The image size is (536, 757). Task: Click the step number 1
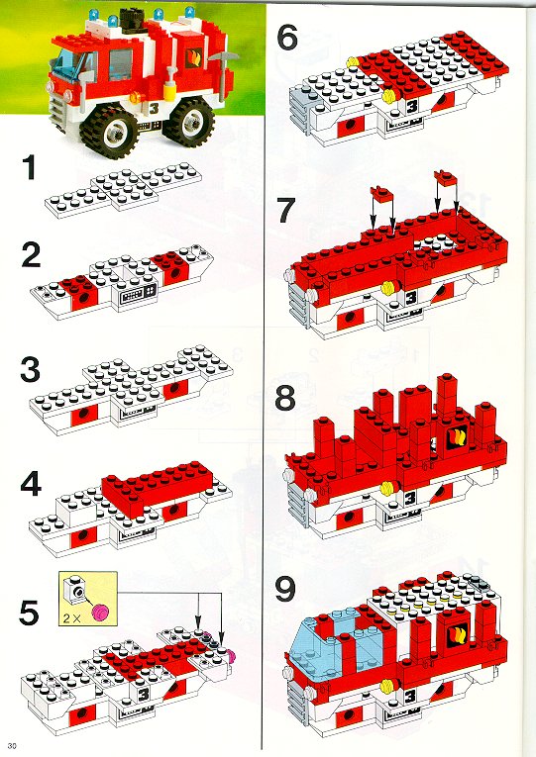click(x=30, y=167)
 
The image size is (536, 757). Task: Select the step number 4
click(x=31, y=484)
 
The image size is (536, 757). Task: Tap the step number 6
click(x=287, y=38)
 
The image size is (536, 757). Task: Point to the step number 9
click(x=285, y=590)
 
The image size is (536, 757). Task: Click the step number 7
click(x=286, y=211)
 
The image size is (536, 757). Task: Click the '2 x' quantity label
click(x=71, y=617)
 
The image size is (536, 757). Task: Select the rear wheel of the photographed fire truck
click(x=188, y=119)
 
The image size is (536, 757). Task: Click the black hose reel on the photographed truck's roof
click(x=129, y=20)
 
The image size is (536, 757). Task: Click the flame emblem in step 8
click(x=457, y=437)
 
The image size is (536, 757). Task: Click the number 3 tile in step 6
click(x=412, y=106)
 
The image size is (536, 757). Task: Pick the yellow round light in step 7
click(x=388, y=288)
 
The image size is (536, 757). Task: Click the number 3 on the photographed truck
click(x=155, y=108)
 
